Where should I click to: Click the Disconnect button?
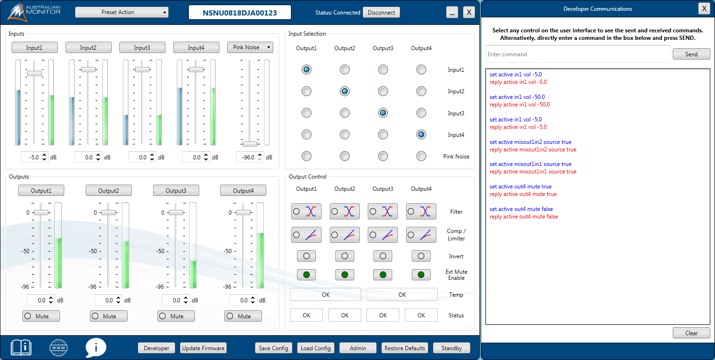[381, 13]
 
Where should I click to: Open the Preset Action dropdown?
[121, 12]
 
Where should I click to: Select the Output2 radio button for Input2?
[344, 91]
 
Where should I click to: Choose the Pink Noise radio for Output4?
[421, 156]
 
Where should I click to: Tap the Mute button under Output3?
[176, 316]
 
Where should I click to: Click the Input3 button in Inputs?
[142, 47]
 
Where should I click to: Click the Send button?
[691, 54]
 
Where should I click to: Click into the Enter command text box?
[577, 54]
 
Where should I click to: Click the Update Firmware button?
[203, 348]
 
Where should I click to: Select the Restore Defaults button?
[405, 348]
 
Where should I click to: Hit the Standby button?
[452, 348]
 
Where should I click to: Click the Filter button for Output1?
[306, 211]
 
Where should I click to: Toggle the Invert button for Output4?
[421, 256]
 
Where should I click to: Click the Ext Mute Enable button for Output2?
[344, 275]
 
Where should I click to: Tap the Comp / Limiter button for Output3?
[383, 234]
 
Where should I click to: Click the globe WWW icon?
[59, 348]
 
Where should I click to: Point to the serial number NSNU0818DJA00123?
[239, 13]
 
